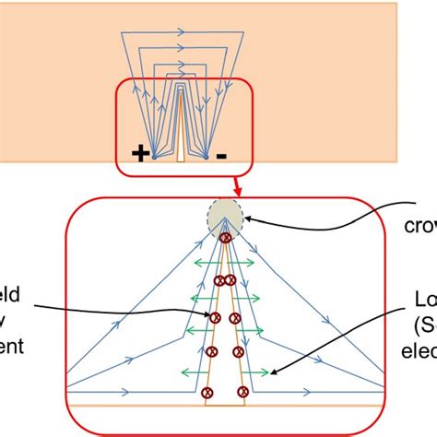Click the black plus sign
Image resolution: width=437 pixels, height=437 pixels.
pyautogui.click(x=138, y=154)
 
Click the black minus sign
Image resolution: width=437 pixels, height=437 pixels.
pyautogui.click(x=221, y=156)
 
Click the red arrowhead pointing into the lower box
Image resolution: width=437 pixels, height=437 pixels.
pyautogui.click(x=237, y=192)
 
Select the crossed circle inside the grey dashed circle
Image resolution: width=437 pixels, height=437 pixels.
pyautogui.click(x=225, y=238)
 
